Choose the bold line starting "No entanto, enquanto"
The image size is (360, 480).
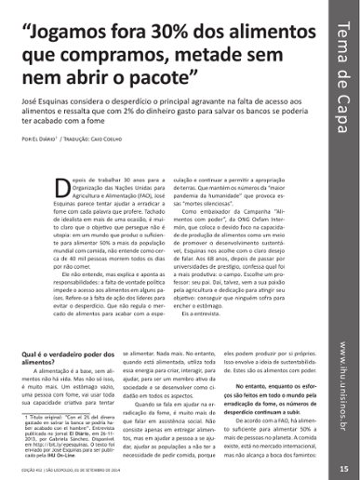281,382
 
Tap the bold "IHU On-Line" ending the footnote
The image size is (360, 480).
80,459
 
